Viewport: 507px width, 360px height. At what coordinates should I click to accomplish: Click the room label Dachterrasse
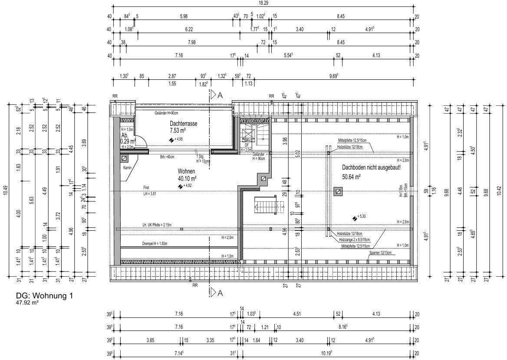(x=183, y=124)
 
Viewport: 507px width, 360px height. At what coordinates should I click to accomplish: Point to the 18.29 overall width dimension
(x=263, y=3)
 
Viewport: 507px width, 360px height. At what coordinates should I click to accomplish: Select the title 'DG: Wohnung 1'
(x=44, y=296)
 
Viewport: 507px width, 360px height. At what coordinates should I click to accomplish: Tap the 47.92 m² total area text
(x=27, y=304)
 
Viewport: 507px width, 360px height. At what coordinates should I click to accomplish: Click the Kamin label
(x=127, y=168)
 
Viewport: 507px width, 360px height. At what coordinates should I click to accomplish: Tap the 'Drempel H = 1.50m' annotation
(x=154, y=244)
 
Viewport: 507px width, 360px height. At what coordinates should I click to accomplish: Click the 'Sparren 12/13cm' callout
(x=380, y=252)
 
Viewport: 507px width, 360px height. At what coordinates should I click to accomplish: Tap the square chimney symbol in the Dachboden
(x=338, y=191)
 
